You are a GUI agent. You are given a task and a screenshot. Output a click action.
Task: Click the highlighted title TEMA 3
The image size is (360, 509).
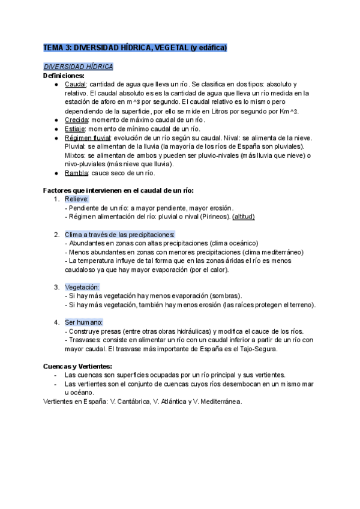click(135, 47)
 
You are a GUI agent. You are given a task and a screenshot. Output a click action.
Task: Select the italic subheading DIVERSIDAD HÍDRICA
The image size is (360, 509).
click(78, 66)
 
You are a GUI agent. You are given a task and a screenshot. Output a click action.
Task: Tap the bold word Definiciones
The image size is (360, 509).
click(64, 76)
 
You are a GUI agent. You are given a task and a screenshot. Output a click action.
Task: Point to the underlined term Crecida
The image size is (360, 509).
click(76, 120)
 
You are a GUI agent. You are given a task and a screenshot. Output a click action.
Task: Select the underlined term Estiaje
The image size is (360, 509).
click(75, 129)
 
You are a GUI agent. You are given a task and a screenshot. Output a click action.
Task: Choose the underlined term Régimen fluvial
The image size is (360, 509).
click(88, 138)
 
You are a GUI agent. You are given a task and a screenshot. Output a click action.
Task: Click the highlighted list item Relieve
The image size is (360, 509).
click(77, 199)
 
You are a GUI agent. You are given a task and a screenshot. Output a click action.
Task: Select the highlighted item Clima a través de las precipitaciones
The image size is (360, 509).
click(120, 234)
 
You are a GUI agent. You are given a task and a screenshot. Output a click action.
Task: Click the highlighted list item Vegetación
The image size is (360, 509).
click(82, 288)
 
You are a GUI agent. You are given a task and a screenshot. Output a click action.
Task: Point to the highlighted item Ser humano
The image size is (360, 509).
click(84, 322)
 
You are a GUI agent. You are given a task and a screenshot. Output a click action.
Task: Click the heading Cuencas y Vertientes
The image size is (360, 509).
click(77, 366)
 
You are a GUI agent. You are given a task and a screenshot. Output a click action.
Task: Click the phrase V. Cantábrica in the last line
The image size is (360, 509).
click(130, 402)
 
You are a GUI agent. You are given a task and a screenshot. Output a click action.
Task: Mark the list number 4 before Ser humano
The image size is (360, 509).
click(56, 322)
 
